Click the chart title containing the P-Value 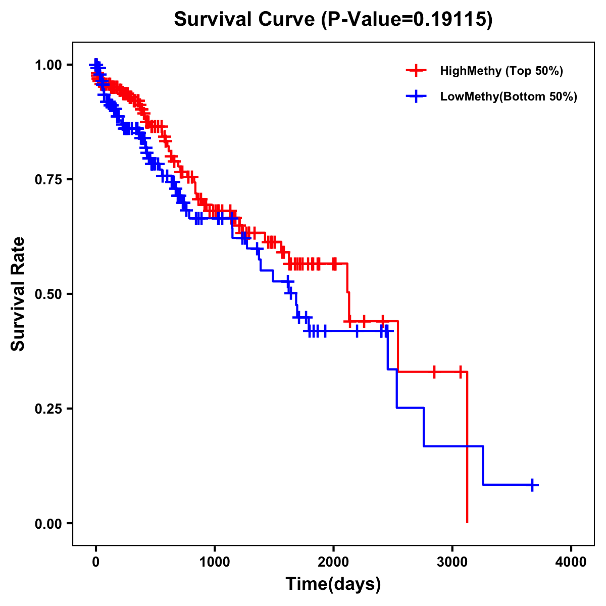click(333, 19)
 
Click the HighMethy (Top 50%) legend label click(501, 71)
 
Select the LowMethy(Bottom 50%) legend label click(509, 96)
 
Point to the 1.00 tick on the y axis click(47, 65)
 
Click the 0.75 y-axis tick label click(47, 180)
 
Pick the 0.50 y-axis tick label click(47, 294)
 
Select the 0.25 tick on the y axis click(47, 409)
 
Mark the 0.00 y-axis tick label click(47, 524)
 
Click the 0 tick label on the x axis click(96, 563)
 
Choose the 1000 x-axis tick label click(215, 563)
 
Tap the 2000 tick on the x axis click(333, 563)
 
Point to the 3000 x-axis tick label click(452, 563)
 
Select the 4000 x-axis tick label click(571, 563)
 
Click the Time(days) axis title click(333, 584)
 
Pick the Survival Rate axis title click(18, 294)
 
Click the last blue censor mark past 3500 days click(532, 485)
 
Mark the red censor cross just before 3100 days click(460, 372)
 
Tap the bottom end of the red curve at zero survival click(467, 522)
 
